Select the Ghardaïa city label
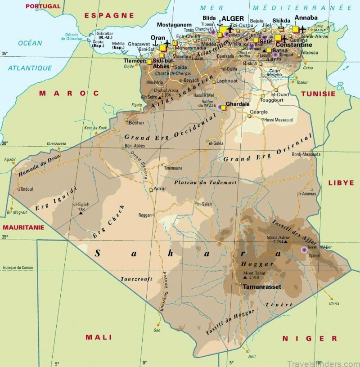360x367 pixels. pyautogui.click(x=237, y=103)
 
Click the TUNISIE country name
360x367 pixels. pyautogui.click(x=318, y=94)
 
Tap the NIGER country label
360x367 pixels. pyautogui.click(x=309, y=338)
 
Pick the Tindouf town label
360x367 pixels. pyautogui.click(x=27, y=189)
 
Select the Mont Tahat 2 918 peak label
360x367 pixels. pyautogui.click(x=255, y=275)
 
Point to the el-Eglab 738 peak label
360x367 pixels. pyautogui.click(x=81, y=207)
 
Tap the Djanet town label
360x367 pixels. pyautogui.click(x=315, y=255)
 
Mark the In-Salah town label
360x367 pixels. pyautogui.click(x=204, y=204)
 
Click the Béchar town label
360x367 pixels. pyautogui.click(x=136, y=122)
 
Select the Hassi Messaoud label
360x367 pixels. pyautogui.click(x=279, y=119)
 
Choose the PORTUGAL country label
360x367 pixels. pyautogui.click(x=43, y=6)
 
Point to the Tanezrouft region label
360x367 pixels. pyautogui.click(x=134, y=279)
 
